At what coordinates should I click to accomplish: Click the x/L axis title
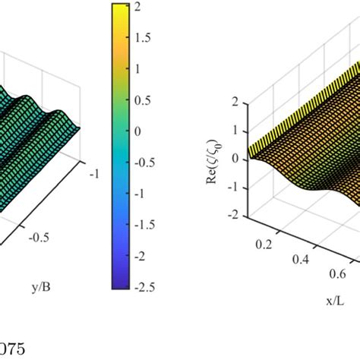click(313, 300)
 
